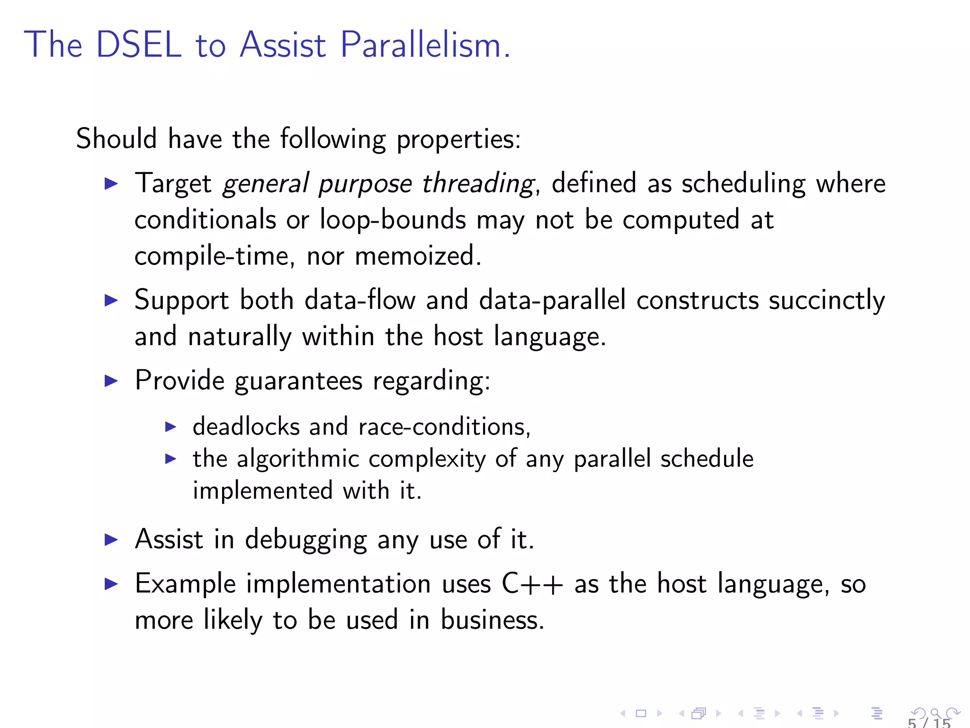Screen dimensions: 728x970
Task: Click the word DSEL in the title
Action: click(139, 45)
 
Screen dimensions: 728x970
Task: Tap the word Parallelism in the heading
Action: click(425, 45)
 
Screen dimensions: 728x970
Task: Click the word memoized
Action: click(417, 256)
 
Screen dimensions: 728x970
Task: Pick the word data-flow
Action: click(360, 300)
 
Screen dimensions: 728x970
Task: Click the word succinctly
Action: click(826, 301)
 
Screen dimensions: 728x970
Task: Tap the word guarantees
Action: click(298, 381)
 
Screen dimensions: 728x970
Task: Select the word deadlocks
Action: click(246, 426)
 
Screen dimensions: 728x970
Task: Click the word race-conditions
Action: click(444, 427)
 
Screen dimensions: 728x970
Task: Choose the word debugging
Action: click(306, 540)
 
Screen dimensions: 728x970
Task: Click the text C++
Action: click(532, 583)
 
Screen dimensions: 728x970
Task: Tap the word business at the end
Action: click(492, 620)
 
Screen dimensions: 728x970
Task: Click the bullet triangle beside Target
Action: click(111, 184)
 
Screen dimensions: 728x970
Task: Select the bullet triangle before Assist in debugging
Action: click(111, 539)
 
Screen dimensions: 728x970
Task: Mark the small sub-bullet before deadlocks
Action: click(171, 427)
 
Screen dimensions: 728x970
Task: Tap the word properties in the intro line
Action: click(458, 139)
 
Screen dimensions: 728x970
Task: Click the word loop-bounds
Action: click(393, 220)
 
